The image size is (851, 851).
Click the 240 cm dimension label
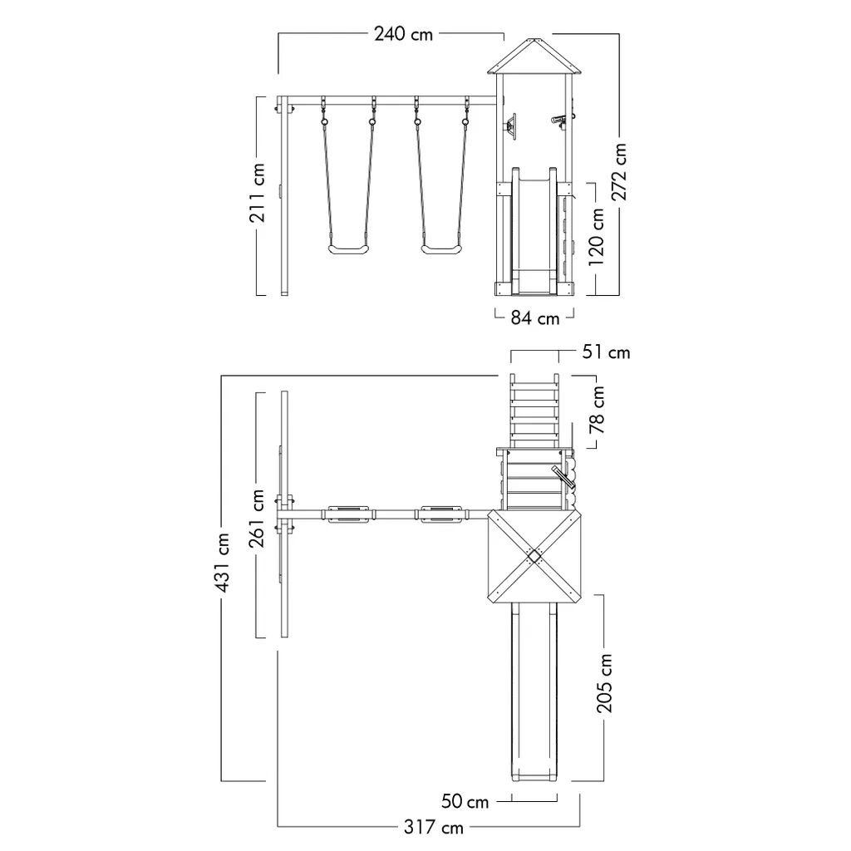coord(403,34)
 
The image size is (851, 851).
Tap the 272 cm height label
coord(618,171)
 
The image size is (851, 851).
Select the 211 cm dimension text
coord(258,193)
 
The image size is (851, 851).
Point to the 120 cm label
coord(596,237)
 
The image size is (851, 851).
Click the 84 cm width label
coord(534,318)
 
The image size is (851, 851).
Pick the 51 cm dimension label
coord(606,352)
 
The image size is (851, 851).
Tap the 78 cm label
coord(597,410)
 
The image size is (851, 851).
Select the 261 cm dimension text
coord(257,519)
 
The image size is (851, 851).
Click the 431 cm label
coord(221,563)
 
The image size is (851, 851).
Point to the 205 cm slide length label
coord(604,683)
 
